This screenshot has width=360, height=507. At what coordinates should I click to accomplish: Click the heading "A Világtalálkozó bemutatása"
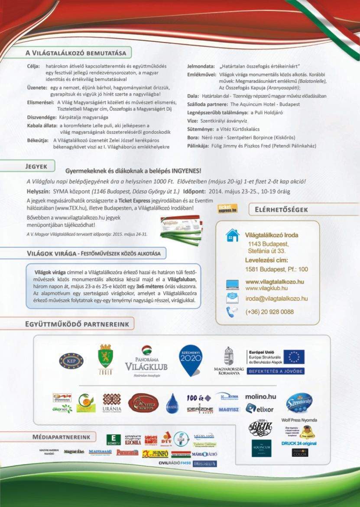[x=76, y=53]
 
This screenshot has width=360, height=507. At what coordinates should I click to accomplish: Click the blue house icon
[x=232, y=236]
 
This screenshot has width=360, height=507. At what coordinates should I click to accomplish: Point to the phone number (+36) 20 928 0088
[x=269, y=312]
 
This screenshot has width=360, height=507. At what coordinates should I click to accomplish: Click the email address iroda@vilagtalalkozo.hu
[x=276, y=298]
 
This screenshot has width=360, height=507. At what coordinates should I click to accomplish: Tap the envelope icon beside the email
[x=232, y=298]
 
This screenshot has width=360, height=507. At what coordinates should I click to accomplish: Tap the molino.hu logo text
[x=260, y=396]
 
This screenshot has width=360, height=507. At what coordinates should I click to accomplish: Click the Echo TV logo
[x=114, y=439]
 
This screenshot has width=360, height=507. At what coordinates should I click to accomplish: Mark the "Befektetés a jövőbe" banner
[x=276, y=371]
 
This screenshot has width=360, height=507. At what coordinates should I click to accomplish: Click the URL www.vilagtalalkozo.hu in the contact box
[x=275, y=281]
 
